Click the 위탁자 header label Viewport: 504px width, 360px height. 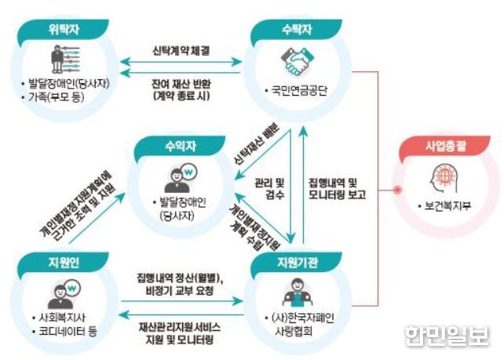point(64,30)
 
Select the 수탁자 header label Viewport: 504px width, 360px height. point(297,30)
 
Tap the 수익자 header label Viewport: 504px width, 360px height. point(181,146)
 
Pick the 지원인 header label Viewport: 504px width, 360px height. point(64,263)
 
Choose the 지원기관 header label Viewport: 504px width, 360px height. point(298,263)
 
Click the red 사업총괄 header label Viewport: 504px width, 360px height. point(445,146)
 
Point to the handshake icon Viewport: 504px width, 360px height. point(297,61)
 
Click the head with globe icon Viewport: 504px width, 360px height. point(444,179)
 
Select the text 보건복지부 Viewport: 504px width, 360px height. point(447,205)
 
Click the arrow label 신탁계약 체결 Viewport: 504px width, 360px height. point(181,51)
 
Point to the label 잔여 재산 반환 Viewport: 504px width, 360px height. point(181,84)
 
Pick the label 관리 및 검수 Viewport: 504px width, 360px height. point(270,189)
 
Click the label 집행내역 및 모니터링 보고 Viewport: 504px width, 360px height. point(338,189)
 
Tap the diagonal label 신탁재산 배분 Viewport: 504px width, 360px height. point(257,145)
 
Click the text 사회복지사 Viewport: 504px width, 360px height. point(62,318)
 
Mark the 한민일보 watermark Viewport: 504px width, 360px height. point(447,336)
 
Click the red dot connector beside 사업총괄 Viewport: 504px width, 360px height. point(397,190)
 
